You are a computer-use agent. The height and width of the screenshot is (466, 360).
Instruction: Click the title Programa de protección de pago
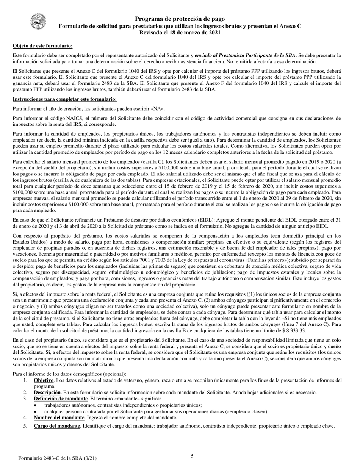tap(180, 19)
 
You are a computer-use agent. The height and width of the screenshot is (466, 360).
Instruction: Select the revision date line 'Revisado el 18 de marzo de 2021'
tap(180, 33)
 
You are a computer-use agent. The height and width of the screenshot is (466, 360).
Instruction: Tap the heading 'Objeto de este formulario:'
tap(42, 46)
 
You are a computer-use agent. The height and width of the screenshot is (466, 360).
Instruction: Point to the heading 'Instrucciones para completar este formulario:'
tap(64, 99)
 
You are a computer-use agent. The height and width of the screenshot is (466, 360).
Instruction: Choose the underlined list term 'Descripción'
tap(47, 392)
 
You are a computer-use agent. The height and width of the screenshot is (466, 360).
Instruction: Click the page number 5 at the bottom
tap(192, 456)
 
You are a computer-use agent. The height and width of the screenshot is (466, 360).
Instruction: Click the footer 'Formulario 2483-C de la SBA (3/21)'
tap(57, 458)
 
